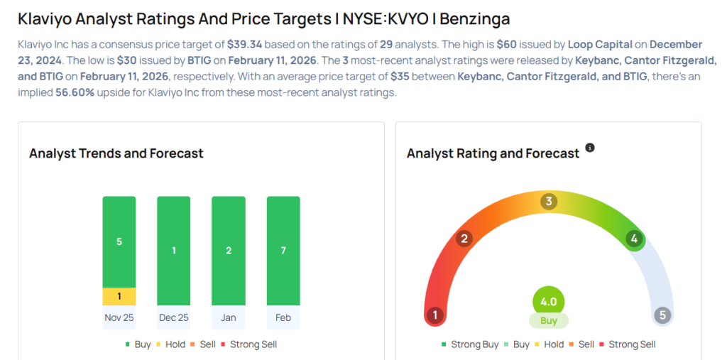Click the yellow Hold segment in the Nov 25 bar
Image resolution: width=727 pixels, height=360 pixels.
tap(119, 296)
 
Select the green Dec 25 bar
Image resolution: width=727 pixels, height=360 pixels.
tap(173, 251)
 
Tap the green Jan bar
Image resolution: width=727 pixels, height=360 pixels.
tap(228, 251)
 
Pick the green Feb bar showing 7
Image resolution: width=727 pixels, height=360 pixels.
tap(283, 251)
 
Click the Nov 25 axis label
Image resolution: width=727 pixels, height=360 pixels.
tap(119, 317)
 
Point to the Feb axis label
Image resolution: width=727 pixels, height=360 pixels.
tap(283, 317)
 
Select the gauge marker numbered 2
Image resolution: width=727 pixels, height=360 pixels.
tap(464, 238)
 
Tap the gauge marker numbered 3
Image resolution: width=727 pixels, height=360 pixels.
tap(548, 202)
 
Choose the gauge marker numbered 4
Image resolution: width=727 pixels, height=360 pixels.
tap(634, 239)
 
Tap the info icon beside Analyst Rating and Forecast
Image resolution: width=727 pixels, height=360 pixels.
tap(589, 148)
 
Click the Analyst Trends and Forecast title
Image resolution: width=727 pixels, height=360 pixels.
tap(116, 153)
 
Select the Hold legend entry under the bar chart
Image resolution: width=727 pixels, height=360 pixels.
tap(170, 344)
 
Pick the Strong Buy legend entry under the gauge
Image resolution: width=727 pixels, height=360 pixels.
tap(470, 344)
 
